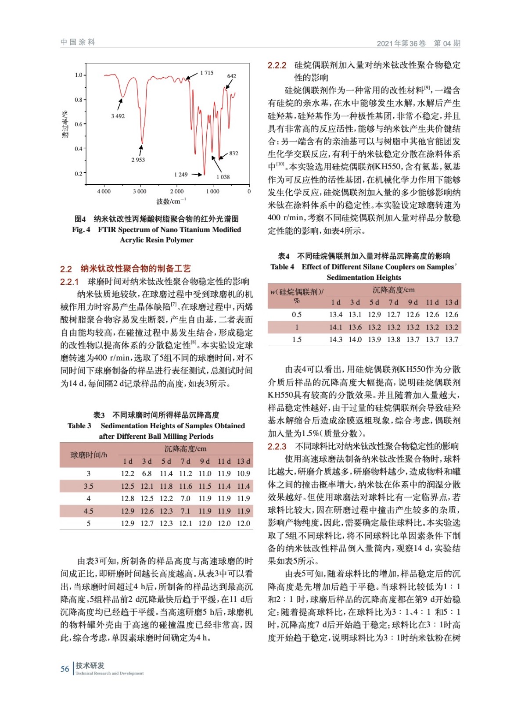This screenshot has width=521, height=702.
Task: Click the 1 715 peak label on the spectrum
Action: [207, 73]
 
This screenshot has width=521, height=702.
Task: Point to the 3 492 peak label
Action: [118, 116]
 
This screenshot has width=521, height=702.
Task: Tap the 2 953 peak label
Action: [138, 160]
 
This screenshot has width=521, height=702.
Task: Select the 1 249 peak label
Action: [181, 175]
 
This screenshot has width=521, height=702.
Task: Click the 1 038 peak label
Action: [223, 177]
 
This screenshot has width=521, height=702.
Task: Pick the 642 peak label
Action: [231, 76]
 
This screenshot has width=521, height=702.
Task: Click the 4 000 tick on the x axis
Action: [104, 191]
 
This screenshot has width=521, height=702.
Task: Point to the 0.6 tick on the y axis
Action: [78, 124]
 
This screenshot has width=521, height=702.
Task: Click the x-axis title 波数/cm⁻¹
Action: [171, 201]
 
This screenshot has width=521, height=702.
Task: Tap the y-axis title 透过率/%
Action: [65, 125]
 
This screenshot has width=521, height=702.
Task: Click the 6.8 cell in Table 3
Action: [147, 473]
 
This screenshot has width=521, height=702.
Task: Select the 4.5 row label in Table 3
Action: [88, 511]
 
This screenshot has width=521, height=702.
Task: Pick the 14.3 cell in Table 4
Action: [335, 339]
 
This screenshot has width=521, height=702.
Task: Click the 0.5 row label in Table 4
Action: [297, 315]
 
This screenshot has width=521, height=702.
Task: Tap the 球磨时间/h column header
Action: [89, 455]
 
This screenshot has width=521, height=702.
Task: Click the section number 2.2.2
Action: [277, 65]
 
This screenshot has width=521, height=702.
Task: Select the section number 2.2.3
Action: [277, 446]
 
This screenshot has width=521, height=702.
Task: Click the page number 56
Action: [65, 669]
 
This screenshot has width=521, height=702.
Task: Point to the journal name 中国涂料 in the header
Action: [78, 42]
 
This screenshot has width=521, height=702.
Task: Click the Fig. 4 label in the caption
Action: [81, 229]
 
